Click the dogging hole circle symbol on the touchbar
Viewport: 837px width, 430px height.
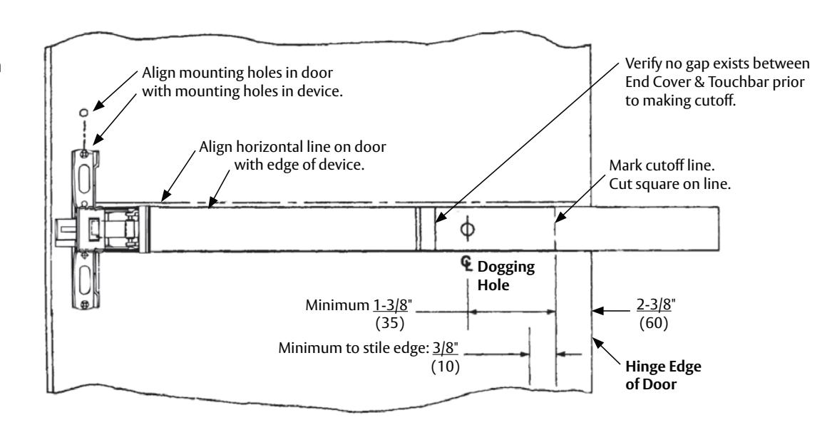(467, 229)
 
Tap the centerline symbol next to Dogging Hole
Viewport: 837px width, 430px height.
(467, 263)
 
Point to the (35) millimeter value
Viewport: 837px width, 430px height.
(390, 324)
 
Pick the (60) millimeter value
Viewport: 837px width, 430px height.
(654, 323)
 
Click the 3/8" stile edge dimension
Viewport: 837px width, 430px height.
(445, 348)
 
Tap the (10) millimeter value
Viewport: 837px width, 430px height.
(445, 367)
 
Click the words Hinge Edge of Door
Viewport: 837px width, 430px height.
(663, 376)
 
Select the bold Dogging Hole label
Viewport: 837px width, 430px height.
(506, 276)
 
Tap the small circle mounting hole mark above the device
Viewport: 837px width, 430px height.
(84, 113)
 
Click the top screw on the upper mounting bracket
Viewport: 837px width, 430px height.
(84, 154)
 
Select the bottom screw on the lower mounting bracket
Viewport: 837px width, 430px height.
(84, 304)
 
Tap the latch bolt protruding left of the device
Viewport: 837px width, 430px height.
(67, 229)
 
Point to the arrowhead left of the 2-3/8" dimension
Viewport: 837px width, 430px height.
(598, 310)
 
